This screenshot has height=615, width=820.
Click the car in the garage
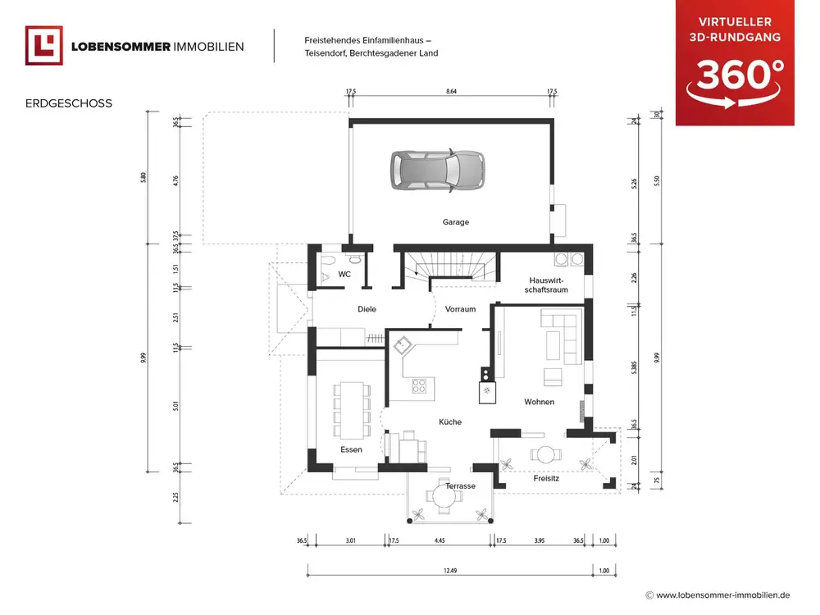click(x=435, y=171)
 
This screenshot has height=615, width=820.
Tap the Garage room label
click(x=456, y=222)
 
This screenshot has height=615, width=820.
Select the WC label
click(x=344, y=275)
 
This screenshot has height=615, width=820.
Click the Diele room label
click(x=367, y=309)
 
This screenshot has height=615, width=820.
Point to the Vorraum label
click(x=460, y=309)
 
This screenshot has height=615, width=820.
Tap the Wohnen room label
click(x=540, y=402)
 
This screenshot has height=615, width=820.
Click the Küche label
click(x=450, y=421)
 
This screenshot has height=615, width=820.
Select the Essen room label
click(x=351, y=449)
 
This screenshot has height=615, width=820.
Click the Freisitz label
click(x=546, y=477)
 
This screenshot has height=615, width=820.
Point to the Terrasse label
click(x=461, y=486)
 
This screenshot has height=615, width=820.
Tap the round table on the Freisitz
click(x=543, y=453)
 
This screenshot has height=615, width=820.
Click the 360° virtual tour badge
click(x=735, y=63)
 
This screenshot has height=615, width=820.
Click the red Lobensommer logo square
click(x=44, y=46)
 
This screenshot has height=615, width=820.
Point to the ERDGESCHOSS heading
click(x=69, y=104)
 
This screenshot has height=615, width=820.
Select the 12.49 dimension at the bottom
click(x=450, y=571)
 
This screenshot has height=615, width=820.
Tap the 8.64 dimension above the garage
click(x=451, y=92)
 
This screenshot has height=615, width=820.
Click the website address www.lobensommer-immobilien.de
click(x=722, y=595)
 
